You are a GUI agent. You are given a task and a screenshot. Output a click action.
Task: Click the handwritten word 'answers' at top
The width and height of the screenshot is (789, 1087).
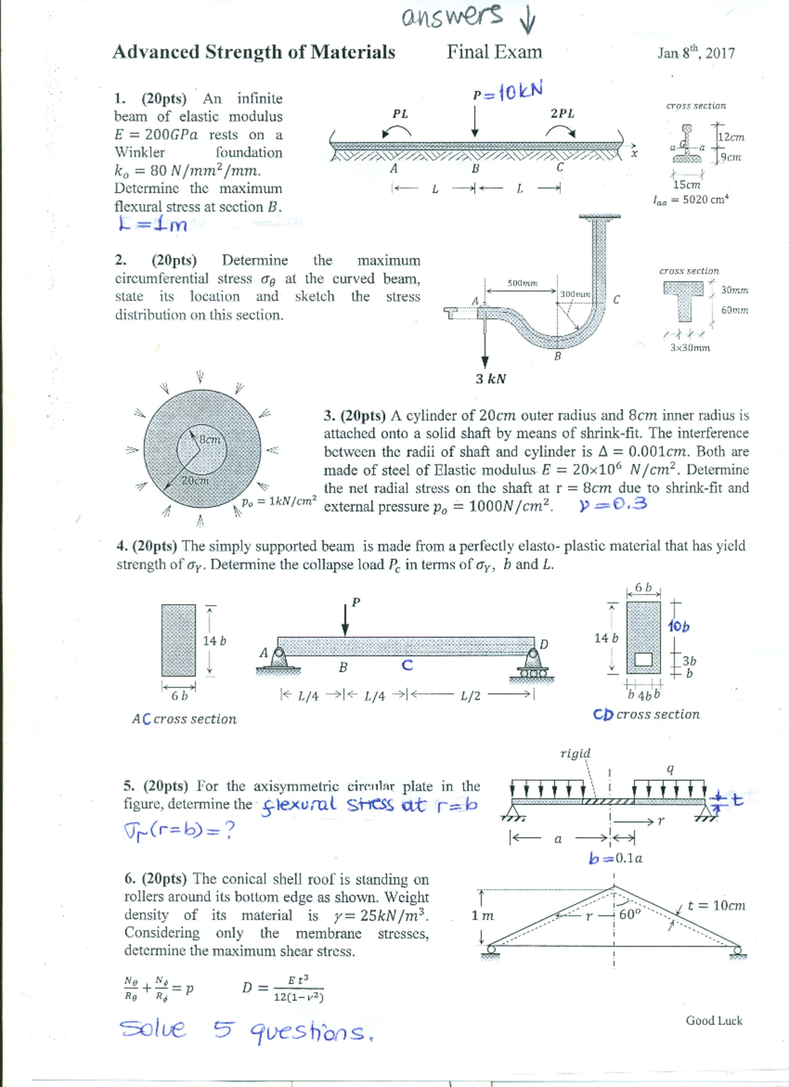point(452,16)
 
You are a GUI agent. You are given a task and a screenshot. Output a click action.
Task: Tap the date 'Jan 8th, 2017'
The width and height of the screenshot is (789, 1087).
point(696,53)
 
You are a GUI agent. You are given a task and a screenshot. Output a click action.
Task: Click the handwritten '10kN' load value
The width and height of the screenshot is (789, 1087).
point(520,91)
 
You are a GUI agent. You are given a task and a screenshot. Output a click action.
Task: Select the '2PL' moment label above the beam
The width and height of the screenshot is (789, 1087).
point(562,113)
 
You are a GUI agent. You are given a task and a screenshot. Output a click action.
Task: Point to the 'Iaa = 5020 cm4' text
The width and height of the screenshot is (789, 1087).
point(690,200)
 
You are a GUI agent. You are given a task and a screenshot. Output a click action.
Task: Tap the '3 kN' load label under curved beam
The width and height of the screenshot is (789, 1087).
point(490,379)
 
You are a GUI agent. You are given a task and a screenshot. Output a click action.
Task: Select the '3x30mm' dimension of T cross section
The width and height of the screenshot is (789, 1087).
point(690,348)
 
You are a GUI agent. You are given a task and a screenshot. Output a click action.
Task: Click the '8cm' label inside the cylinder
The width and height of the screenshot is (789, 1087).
point(210,439)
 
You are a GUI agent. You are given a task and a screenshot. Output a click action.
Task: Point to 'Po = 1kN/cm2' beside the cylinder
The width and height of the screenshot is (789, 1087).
point(279,501)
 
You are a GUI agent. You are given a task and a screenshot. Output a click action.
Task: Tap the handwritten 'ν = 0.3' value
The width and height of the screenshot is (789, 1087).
point(613,504)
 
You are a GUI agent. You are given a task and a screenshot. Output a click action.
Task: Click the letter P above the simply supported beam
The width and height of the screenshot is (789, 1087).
point(356,602)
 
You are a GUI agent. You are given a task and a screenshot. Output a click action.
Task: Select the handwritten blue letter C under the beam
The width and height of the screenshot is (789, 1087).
point(407,665)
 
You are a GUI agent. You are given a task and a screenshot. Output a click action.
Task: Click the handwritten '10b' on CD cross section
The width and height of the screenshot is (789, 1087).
point(679,627)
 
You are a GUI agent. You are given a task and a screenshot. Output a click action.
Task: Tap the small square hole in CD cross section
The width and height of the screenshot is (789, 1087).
point(644,659)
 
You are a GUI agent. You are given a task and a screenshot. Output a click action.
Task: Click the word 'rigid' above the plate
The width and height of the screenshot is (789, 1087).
point(575,753)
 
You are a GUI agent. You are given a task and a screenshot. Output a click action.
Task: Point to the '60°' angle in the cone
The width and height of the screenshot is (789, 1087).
point(629,914)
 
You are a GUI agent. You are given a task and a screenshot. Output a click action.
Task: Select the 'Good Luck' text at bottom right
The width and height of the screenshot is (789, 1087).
point(713,1021)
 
